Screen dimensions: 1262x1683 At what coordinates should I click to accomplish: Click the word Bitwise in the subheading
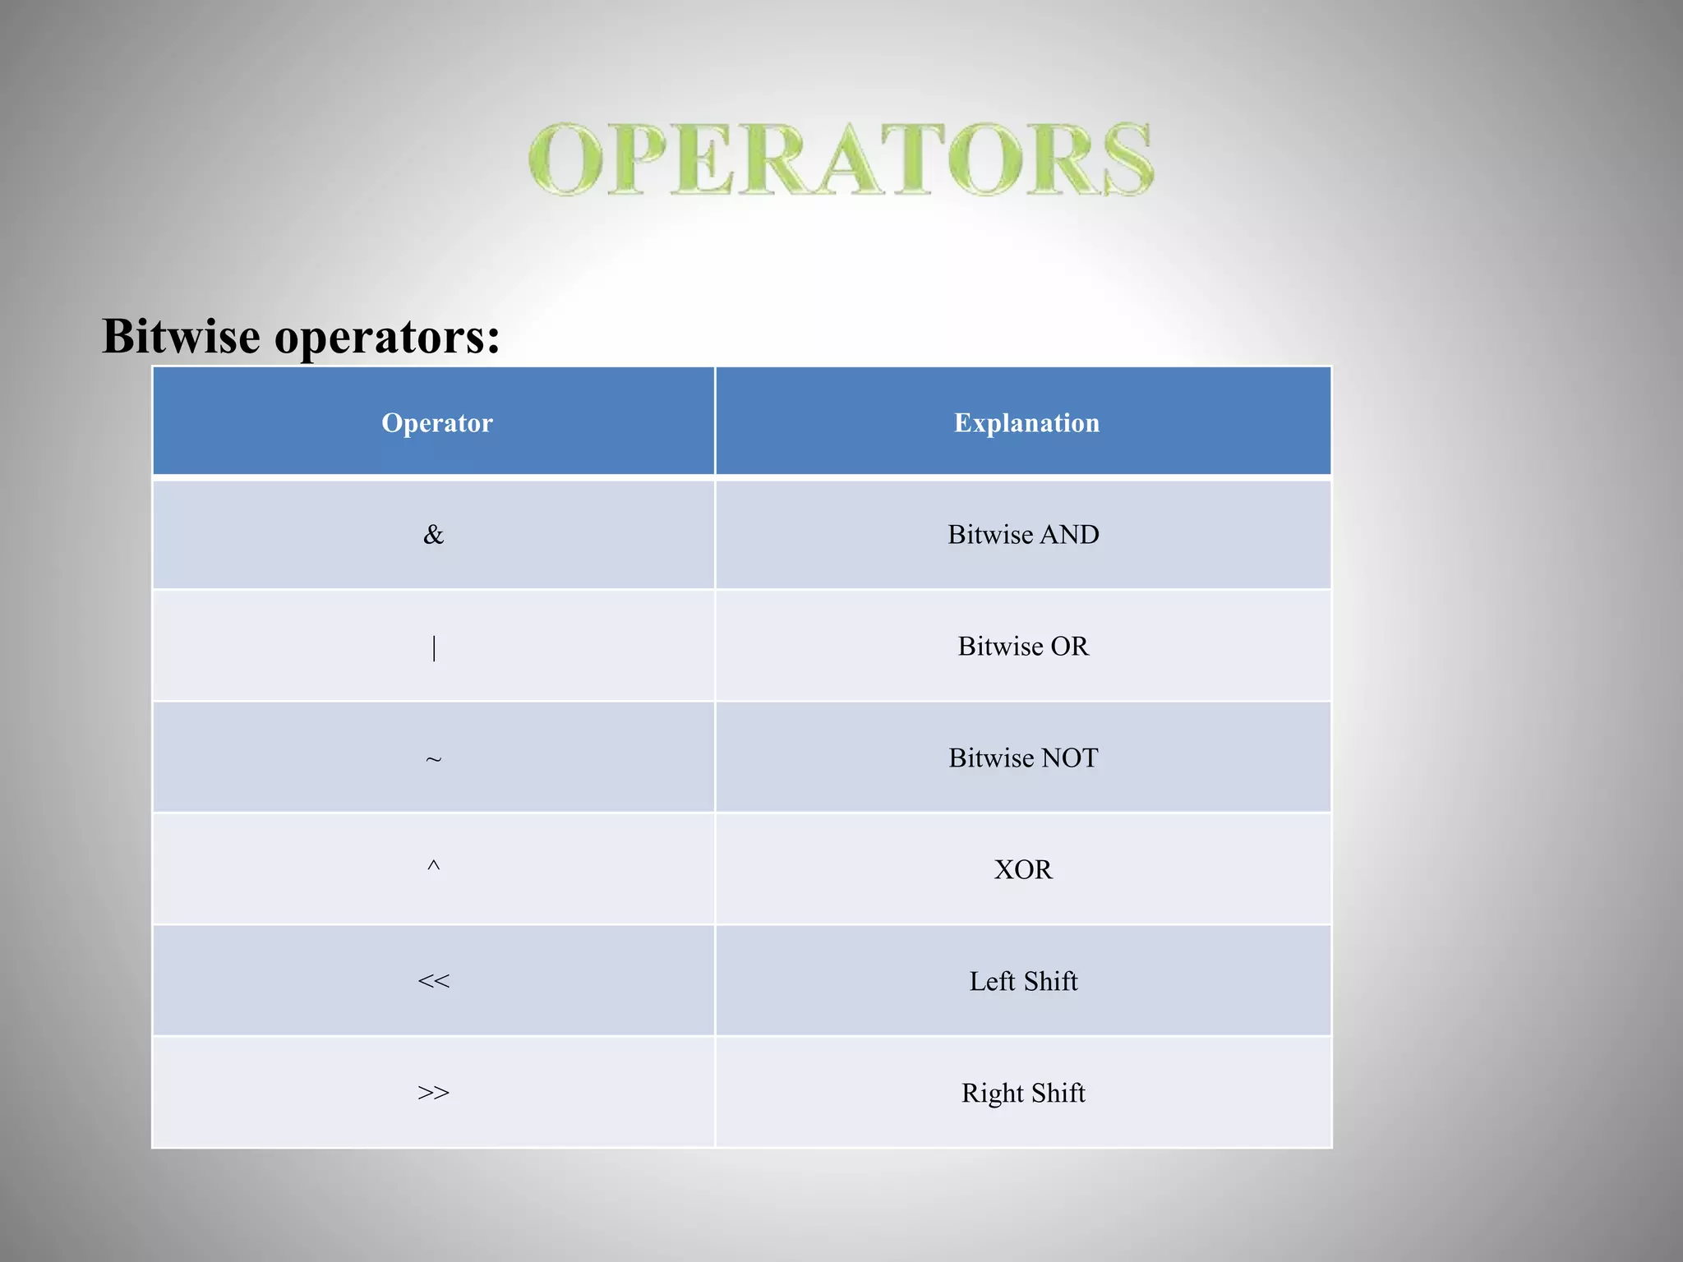[x=181, y=336]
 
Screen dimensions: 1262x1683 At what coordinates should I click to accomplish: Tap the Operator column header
[x=437, y=422]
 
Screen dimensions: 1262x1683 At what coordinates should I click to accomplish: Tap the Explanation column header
[x=1026, y=422]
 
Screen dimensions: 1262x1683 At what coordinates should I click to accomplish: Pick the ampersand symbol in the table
[x=433, y=535]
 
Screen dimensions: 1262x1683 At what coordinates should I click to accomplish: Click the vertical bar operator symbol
[x=434, y=647]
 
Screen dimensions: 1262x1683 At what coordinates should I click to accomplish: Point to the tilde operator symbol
[x=434, y=759]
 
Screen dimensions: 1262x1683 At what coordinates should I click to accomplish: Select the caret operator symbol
[x=434, y=866]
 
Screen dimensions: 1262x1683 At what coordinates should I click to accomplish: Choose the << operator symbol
[x=434, y=981]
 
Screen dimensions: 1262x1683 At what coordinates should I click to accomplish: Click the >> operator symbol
[x=434, y=1093]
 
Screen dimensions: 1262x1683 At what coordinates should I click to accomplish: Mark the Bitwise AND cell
[x=1023, y=535]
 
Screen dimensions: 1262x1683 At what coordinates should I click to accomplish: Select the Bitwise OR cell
[x=1023, y=647]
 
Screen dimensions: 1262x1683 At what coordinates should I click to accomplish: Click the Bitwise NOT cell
[x=1023, y=758]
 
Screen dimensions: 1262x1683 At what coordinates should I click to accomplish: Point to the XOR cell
[x=1023, y=869]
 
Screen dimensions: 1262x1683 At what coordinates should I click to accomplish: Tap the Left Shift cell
[x=1023, y=981]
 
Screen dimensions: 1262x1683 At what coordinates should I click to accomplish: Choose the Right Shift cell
[x=1023, y=1093]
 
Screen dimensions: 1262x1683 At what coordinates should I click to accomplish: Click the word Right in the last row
[x=993, y=1094]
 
